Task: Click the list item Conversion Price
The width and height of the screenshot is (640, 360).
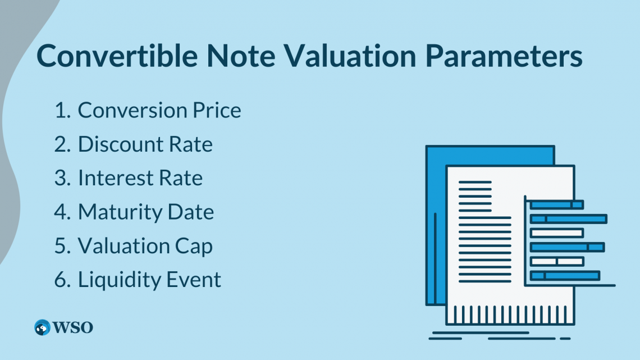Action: [159, 111]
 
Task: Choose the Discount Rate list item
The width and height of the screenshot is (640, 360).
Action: [145, 144]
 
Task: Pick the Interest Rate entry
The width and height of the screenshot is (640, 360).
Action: [140, 178]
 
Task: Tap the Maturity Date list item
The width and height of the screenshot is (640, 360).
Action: [146, 212]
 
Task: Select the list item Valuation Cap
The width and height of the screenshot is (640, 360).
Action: [145, 245]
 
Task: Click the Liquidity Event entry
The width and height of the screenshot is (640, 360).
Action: [149, 279]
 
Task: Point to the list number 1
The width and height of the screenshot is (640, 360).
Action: [61, 111]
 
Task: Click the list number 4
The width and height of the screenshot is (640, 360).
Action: [61, 212]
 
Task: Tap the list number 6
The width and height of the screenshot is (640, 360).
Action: [61, 279]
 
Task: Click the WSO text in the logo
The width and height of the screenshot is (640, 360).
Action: [73, 327]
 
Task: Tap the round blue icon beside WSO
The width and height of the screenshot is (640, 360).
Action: [42, 327]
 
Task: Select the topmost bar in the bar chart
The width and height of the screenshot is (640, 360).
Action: [557, 205]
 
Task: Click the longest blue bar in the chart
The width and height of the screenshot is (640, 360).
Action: [569, 219]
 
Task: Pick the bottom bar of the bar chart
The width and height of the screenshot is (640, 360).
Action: [565, 275]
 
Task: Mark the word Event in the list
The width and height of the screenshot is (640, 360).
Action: [196, 279]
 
